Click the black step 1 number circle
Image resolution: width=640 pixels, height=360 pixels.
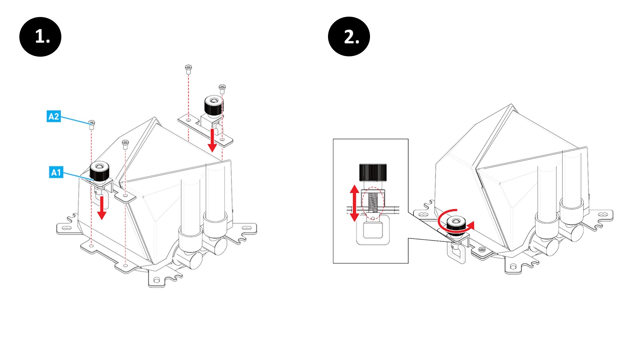[x=40, y=37]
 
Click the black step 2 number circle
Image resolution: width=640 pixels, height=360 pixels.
[x=349, y=37]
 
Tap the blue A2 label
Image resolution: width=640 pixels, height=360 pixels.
[x=54, y=116]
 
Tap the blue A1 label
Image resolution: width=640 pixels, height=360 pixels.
[x=56, y=172]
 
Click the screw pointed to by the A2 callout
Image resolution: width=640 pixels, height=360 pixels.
[x=92, y=124]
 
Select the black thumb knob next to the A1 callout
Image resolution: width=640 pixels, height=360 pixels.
[x=100, y=171]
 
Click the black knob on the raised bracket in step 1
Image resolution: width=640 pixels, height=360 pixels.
[x=213, y=105]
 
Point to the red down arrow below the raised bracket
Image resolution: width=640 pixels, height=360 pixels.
[x=212, y=140]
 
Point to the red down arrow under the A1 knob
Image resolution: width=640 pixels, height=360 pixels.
[x=102, y=207]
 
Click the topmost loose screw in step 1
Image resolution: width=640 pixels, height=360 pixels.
[x=188, y=69]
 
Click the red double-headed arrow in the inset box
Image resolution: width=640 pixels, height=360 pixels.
[x=354, y=203]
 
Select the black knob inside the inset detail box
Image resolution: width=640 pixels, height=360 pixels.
[x=373, y=172]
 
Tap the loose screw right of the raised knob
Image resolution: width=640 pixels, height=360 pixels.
[x=222, y=89]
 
